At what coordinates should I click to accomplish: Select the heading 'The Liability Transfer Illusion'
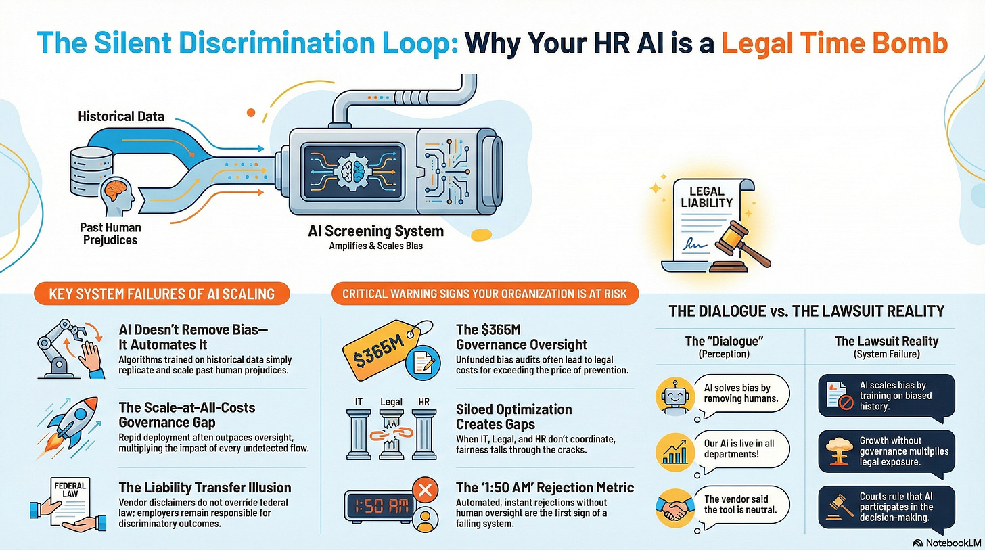tap(204, 488)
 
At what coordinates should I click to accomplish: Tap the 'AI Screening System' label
tap(375, 231)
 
